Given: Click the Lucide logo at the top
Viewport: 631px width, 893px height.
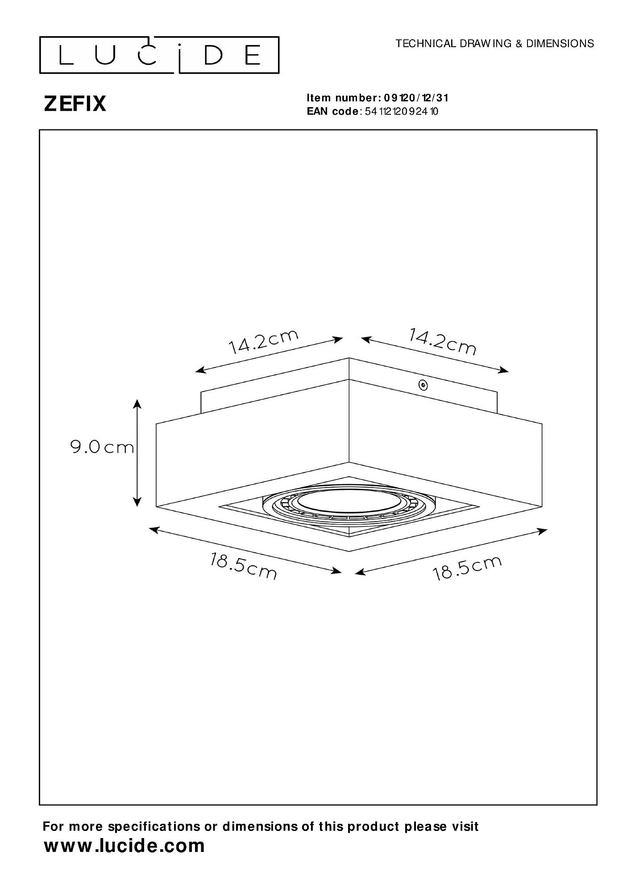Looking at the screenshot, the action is (x=159, y=55).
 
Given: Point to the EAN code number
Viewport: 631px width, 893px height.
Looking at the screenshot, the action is (x=402, y=112).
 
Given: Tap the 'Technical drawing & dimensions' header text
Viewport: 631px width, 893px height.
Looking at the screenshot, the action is (x=495, y=43).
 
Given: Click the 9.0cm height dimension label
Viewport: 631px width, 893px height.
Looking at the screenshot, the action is (x=102, y=447).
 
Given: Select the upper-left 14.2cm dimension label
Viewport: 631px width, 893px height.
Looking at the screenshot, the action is (x=263, y=342).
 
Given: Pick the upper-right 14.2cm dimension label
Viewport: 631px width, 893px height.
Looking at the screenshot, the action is (x=443, y=341).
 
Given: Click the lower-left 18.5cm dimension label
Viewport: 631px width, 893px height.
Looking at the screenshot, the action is (x=244, y=566).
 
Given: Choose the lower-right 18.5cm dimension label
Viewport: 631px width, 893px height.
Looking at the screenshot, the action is (x=468, y=568).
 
